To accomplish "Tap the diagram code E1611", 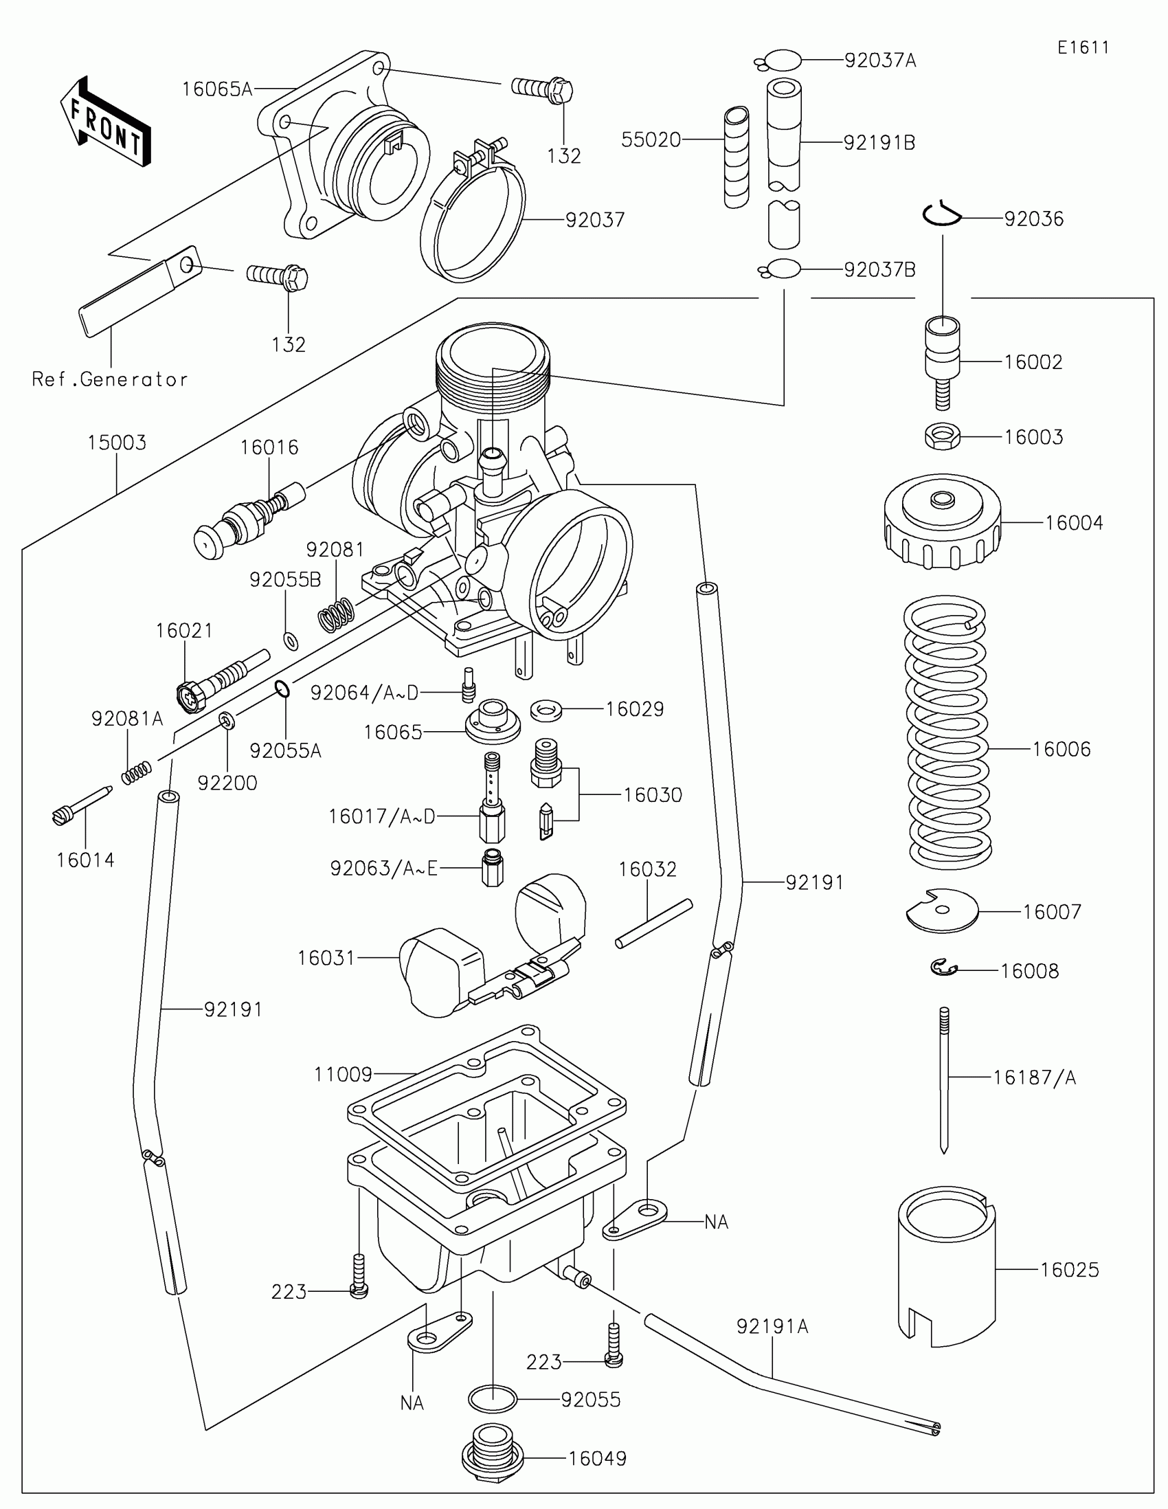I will point(1083,47).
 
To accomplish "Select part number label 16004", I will point(1073,523).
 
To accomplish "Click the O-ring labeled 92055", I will point(493,1399).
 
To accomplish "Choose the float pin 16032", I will point(653,924).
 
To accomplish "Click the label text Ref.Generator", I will point(110,379).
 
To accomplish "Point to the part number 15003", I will point(117,443).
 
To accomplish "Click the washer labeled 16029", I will point(545,710).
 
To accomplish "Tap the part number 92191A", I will point(772,1327).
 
